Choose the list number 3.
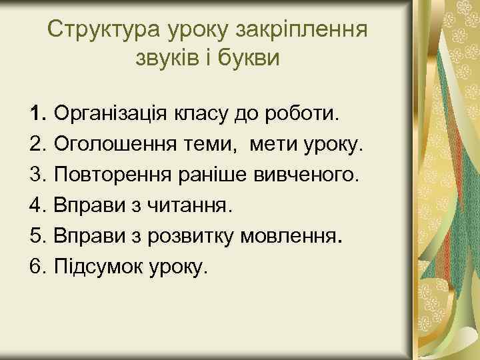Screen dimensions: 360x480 pyautogui.click(x=37, y=175)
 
